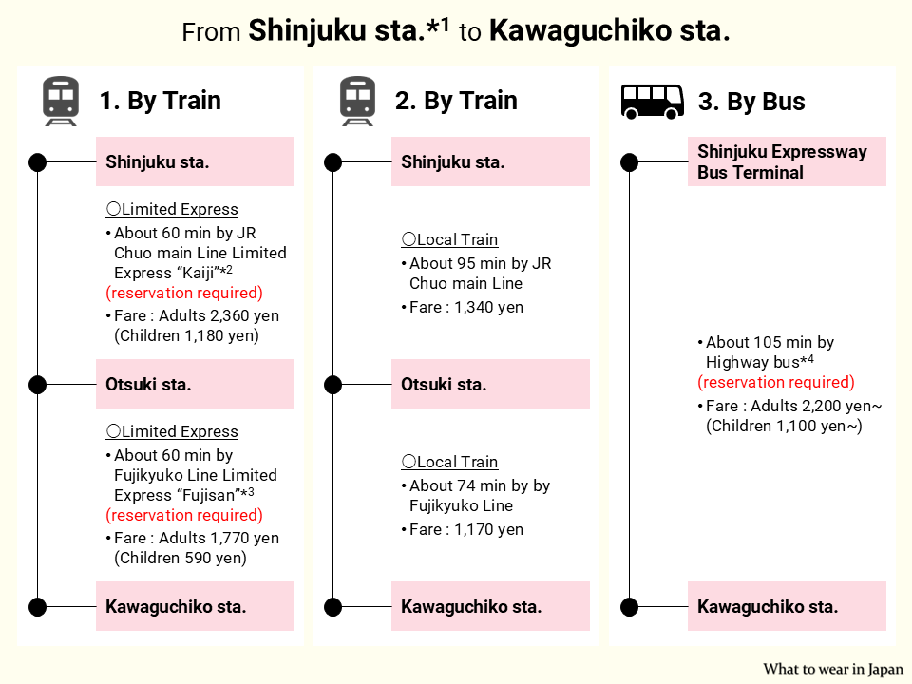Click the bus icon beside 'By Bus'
click(653, 101)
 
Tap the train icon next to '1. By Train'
click(61, 102)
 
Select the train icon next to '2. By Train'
click(357, 102)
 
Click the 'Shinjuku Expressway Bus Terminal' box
click(787, 162)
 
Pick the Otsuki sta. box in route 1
click(195, 385)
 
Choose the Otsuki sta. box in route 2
click(490, 385)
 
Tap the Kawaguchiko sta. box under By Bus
click(787, 607)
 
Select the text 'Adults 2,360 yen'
click(218, 315)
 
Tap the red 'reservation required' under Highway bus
click(776, 382)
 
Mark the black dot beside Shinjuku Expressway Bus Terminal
click(629, 162)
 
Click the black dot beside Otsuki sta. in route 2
click(332, 385)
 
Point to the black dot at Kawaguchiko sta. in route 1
click(37, 607)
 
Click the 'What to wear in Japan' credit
click(833, 669)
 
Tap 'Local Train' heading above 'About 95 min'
click(457, 239)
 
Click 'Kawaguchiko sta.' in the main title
click(609, 31)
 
